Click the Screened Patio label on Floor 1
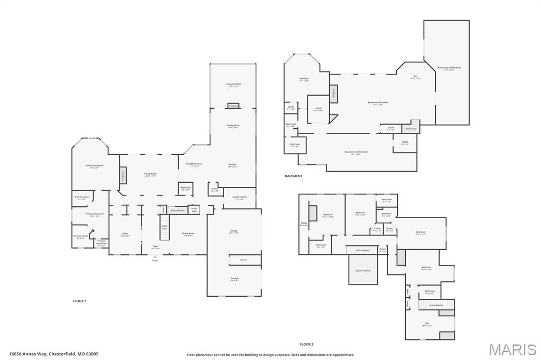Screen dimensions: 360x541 (234, 84)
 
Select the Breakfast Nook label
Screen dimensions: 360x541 (194, 164)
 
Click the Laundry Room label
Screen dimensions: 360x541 (239, 198)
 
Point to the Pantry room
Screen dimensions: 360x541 (215, 189)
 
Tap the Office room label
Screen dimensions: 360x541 (125, 234)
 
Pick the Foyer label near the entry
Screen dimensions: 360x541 (155, 247)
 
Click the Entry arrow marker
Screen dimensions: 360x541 (155, 257)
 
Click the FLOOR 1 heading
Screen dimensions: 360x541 (79, 301)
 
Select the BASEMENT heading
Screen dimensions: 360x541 (294, 176)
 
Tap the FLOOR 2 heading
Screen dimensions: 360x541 (306, 344)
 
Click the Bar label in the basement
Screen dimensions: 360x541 (415, 77)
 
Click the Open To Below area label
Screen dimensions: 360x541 (363, 270)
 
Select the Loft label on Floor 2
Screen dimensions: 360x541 (427, 324)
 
